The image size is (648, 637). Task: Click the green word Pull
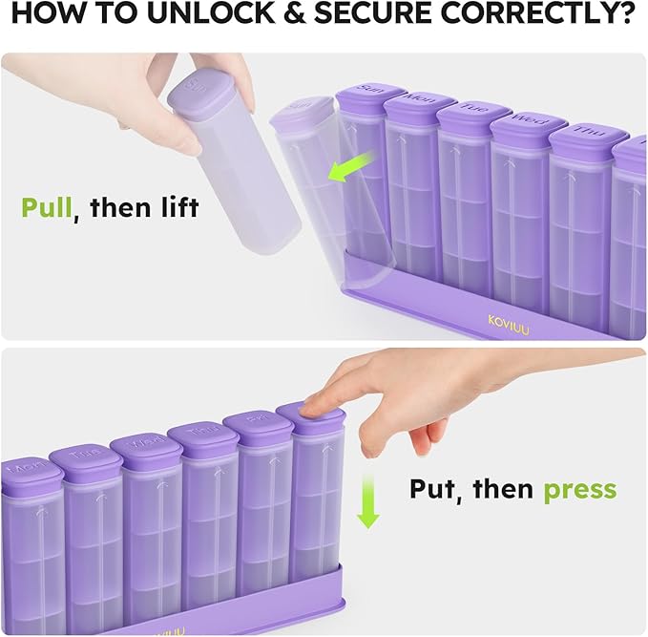pos(47,207)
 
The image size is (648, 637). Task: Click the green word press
pos(579,490)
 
